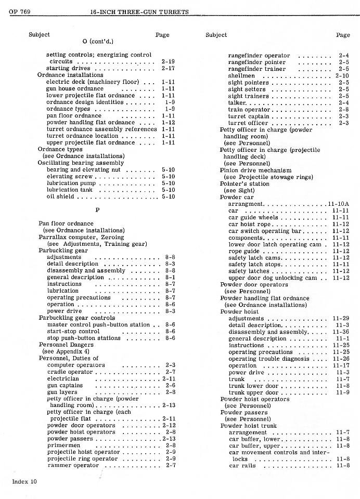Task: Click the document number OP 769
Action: coord(19,12)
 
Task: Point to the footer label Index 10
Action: coord(24,481)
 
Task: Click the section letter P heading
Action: coord(97,210)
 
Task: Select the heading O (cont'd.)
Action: coord(98,41)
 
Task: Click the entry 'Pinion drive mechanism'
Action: coord(255,170)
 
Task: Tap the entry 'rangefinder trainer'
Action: coord(256,69)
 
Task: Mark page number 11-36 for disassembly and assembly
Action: coord(341,332)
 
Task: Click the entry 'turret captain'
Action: coord(248,116)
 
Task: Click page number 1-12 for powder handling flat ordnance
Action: coord(168,123)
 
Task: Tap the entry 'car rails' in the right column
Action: coord(242,466)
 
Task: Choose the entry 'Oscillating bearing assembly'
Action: coord(81,163)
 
